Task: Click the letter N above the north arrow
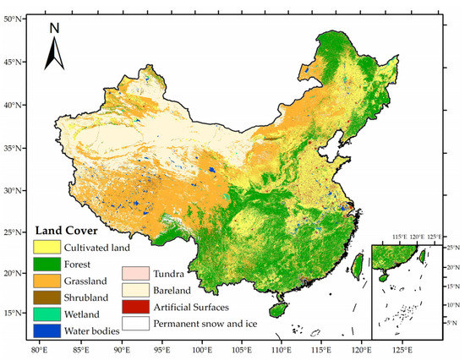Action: point(54,27)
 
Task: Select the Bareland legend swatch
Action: point(137,290)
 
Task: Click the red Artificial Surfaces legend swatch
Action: point(137,306)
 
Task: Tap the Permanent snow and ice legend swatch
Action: point(137,322)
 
